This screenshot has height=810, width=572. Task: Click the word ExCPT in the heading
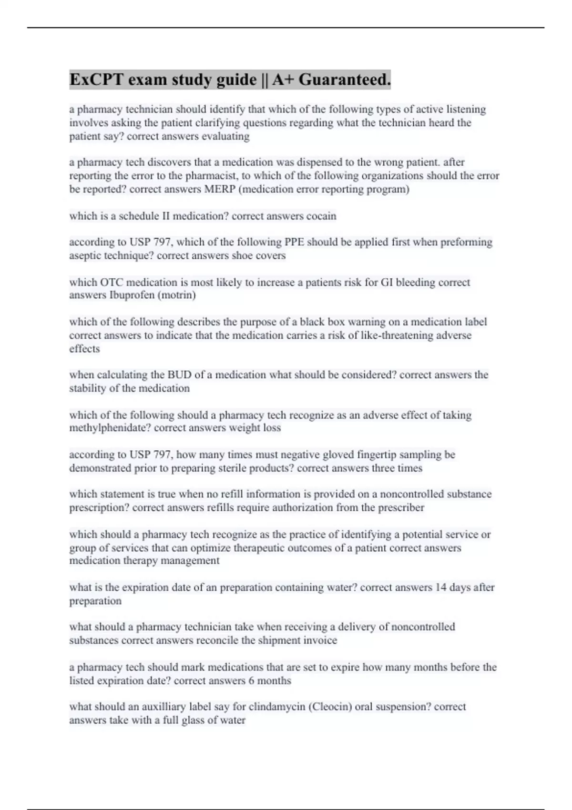coord(94,80)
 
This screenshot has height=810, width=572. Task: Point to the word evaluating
coord(225,136)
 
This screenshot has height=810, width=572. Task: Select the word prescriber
coord(401,507)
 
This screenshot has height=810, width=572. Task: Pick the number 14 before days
coord(440,587)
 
